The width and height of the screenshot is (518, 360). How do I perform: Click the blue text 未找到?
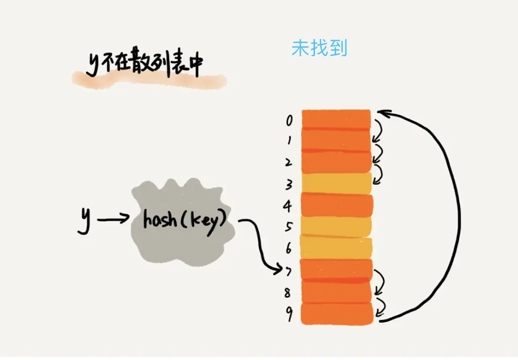pyautogui.click(x=319, y=49)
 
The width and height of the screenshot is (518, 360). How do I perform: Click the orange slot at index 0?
pyautogui.click(x=336, y=119)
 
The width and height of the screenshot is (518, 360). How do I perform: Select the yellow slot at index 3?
pyautogui.click(x=336, y=183)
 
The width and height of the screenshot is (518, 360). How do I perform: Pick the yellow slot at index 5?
pyautogui.click(x=336, y=226)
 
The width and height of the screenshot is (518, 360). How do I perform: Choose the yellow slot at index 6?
pyautogui.click(x=336, y=248)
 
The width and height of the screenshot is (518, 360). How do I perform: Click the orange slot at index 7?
pyautogui.click(x=336, y=269)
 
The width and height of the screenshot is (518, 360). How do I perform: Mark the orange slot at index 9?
pyautogui.click(x=336, y=314)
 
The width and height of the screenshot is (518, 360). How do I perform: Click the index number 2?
pyautogui.click(x=288, y=162)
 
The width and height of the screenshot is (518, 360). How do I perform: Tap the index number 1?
pyautogui.click(x=289, y=140)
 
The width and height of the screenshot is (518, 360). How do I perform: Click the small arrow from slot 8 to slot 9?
pyautogui.click(x=381, y=303)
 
